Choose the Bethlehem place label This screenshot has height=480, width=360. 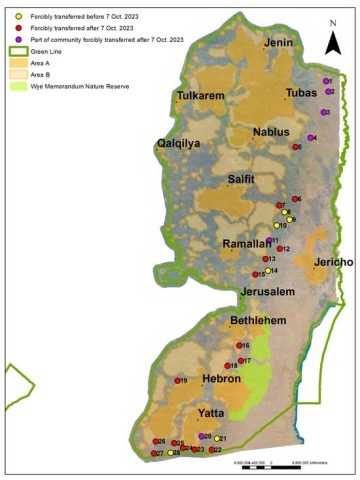259,320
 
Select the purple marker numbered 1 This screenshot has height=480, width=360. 325,80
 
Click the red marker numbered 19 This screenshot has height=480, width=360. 176,381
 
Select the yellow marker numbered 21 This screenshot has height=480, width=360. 217,438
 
